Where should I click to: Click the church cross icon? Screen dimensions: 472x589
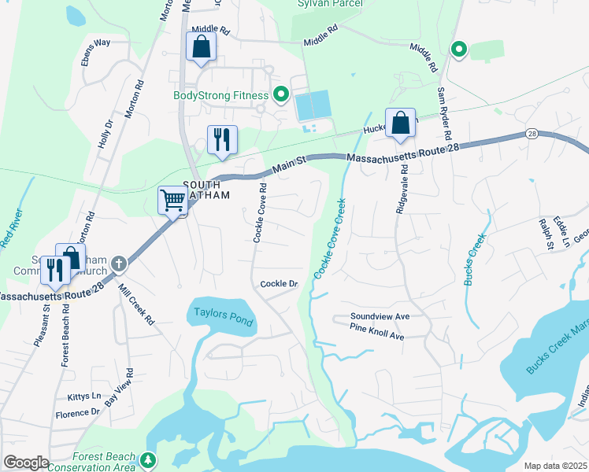point(118,264)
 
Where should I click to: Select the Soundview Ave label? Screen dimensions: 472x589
point(380,317)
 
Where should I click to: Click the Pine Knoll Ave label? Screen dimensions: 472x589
point(377,336)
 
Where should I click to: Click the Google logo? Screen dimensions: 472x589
point(26,463)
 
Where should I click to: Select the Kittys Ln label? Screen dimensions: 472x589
point(85,396)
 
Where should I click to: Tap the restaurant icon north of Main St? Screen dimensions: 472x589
point(222,139)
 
